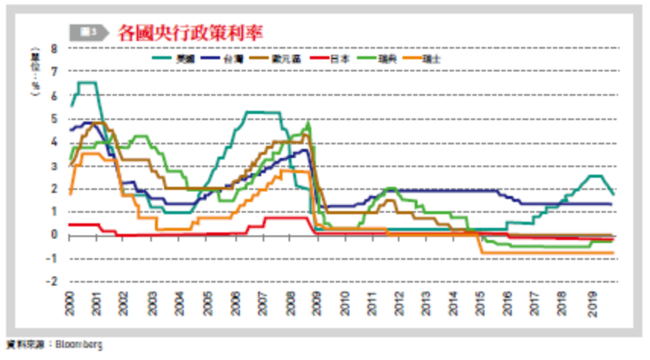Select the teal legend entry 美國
coord(184,57)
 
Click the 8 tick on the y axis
coord(54,49)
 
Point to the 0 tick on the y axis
coord(54,235)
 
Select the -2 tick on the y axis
coord(52,281)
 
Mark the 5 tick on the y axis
coord(54,118)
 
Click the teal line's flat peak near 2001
coord(87,82)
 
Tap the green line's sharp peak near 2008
coord(308,122)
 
